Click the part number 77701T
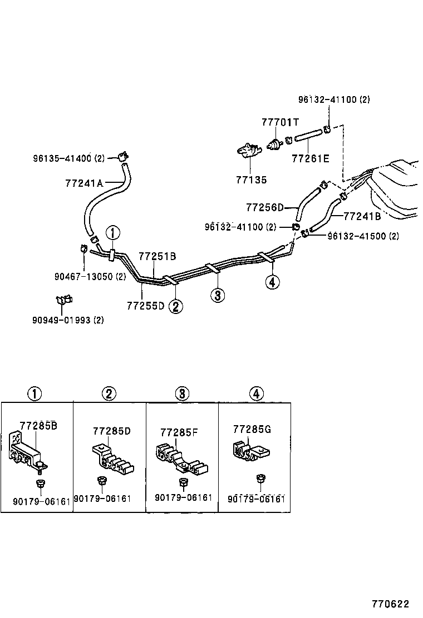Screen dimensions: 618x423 point(281,122)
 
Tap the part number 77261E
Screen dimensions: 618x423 point(310,158)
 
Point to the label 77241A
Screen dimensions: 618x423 point(84,182)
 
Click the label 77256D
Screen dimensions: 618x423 point(264,207)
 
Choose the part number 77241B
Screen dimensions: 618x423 point(362,216)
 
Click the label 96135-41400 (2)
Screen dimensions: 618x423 point(68,158)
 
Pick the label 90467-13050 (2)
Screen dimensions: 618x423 point(90,276)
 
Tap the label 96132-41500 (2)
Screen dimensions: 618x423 point(363,236)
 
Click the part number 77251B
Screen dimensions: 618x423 point(157,256)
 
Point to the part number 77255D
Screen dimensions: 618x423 point(145,305)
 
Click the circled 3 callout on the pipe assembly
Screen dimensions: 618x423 point(218,295)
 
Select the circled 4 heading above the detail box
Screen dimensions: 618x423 point(255,394)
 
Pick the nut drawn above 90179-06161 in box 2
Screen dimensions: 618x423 point(101,481)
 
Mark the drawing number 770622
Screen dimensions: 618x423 point(391,604)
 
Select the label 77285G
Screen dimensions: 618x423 point(252,429)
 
